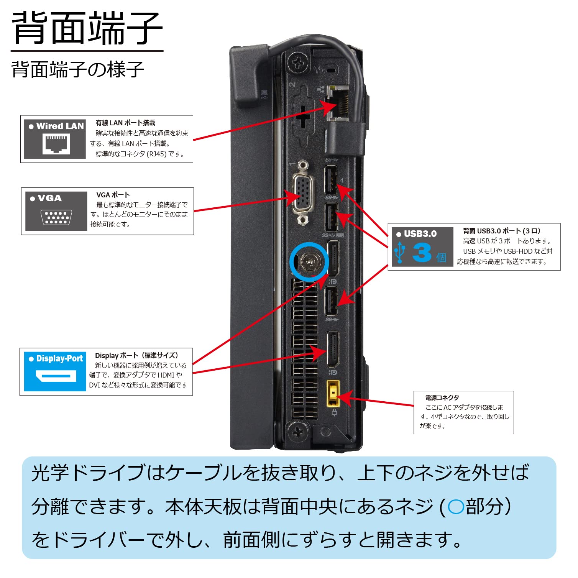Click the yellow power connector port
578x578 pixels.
pyautogui.click(x=333, y=393)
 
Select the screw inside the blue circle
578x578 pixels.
pyautogui.click(x=309, y=263)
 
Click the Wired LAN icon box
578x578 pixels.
pyautogui.click(x=55, y=139)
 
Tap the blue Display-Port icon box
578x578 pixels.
pyautogui.click(x=55, y=371)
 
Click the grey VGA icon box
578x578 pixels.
pyautogui.click(x=56, y=211)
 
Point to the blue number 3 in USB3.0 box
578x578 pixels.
pyautogui.click(x=422, y=253)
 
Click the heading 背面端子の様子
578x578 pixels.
pyautogui.click(x=78, y=70)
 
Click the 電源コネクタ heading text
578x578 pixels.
pyautogui.click(x=442, y=398)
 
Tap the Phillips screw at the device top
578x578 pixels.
pyautogui.click(x=299, y=62)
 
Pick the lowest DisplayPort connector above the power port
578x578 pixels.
pyautogui.click(x=332, y=349)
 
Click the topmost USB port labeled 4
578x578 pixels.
pyautogui.click(x=331, y=179)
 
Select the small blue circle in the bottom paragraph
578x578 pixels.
pyautogui.click(x=456, y=507)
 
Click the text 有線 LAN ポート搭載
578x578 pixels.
pyautogui.click(x=125, y=123)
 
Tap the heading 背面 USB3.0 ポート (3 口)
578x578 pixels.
pyautogui.click(x=501, y=231)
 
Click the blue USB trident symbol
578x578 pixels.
pyautogui.click(x=400, y=252)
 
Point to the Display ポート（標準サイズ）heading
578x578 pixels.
pyautogui.click(x=136, y=355)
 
